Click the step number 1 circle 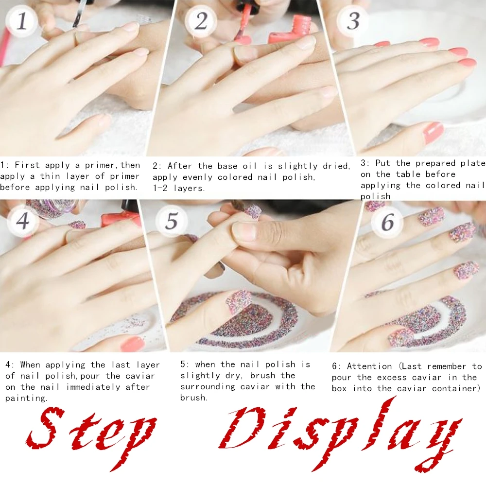click(x=22, y=21)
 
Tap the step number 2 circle click(x=201, y=21)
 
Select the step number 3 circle click(x=353, y=21)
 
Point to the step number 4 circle click(x=23, y=221)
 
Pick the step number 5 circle click(x=172, y=221)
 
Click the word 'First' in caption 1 click(x=27, y=165)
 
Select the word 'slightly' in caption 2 click(x=297, y=166)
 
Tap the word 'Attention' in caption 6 click(x=369, y=366)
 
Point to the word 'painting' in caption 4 click(x=26, y=399)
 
